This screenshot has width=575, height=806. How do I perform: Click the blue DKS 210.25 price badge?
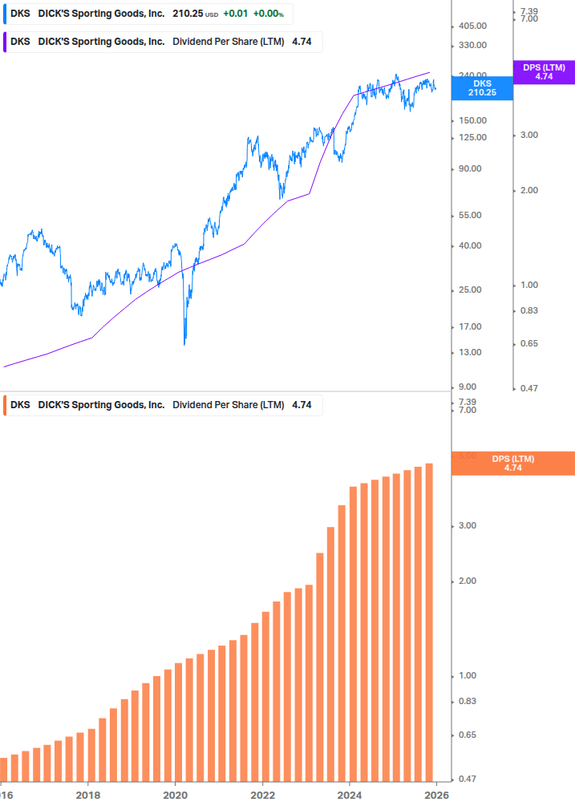click(x=482, y=87)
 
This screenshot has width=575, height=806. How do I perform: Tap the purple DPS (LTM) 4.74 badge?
click(x=544, y=72)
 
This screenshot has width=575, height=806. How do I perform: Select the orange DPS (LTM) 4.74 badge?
click(x=512, y=464)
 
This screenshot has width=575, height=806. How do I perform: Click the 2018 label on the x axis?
click(x=88, y=796)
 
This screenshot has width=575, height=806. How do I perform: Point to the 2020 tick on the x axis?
click(x=175, y=796)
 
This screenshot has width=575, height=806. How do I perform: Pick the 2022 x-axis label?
click(x=262, y=796)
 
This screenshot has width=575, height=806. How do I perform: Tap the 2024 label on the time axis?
click(x=349, y=796)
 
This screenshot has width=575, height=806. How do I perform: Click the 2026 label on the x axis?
click(x=435, y=796)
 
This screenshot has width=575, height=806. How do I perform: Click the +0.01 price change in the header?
click(x=234, y=14)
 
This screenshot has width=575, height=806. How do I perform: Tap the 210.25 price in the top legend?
click(x=188, y=14)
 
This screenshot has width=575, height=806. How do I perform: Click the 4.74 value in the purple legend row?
click(x=302, y=42)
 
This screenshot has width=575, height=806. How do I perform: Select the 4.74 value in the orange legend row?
click(x=302, y=405)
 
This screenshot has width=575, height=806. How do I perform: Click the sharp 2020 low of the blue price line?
click(x=184, y=343)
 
